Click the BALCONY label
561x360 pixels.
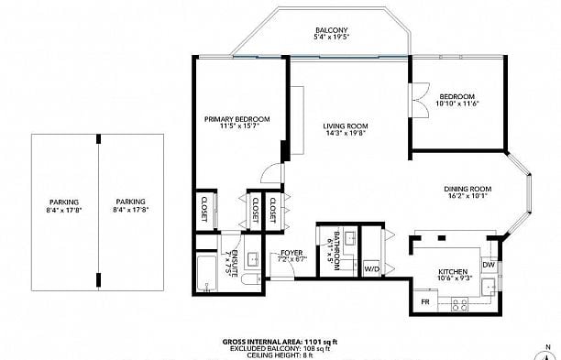tap(331, 30)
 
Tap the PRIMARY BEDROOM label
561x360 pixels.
tap(236, 119)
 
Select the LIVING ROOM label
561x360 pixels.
tap(346, 125)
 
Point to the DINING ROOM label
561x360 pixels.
tap(467, 189)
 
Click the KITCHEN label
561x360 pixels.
tap(453, 272)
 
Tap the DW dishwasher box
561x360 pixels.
tap(489, 265)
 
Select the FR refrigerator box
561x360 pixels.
tap(425, 302)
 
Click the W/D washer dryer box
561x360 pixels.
tap(372, 268)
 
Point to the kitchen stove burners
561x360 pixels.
tap(460, 305)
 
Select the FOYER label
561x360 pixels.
tap(291, 253)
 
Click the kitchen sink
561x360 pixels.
tap(489, 285)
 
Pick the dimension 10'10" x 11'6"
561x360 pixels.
tap(457, 104)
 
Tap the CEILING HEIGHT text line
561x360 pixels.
tap(272, 355)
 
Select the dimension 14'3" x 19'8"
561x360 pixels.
tap(346, 133)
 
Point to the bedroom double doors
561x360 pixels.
tap(420, 99)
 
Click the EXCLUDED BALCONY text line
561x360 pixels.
tap(280, 349)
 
